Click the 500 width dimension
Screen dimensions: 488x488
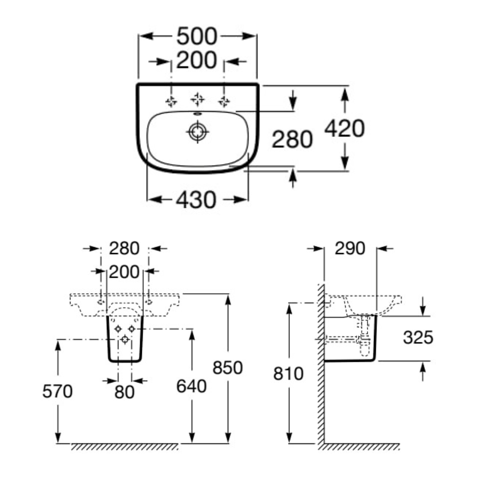coord(197,36)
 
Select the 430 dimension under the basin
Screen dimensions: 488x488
coord(197,200)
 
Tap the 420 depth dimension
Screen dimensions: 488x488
coord(344,129)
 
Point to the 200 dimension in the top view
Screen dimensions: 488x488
coord(197,61)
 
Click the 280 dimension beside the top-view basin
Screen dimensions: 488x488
coord(291,140)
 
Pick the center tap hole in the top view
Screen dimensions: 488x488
coord(197,100)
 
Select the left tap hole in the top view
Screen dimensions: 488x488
coord(171,101)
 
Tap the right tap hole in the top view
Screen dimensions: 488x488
coord(224,101)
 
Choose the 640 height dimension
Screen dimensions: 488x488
coord(191,387)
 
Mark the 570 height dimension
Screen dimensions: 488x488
coord(57,391)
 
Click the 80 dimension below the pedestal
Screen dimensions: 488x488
coord(125,391)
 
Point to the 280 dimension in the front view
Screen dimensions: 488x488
coord(124,249)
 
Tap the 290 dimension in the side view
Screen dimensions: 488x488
coord(350,249)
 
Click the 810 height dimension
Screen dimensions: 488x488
coord(289,374)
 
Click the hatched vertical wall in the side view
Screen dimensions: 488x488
coord(321,364)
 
